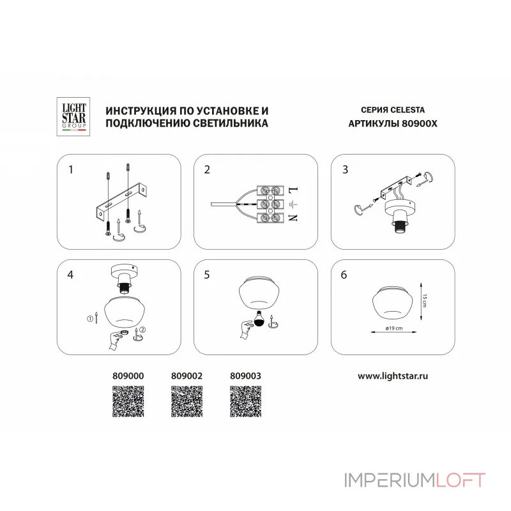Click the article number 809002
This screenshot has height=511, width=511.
click(x=188, y=378)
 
